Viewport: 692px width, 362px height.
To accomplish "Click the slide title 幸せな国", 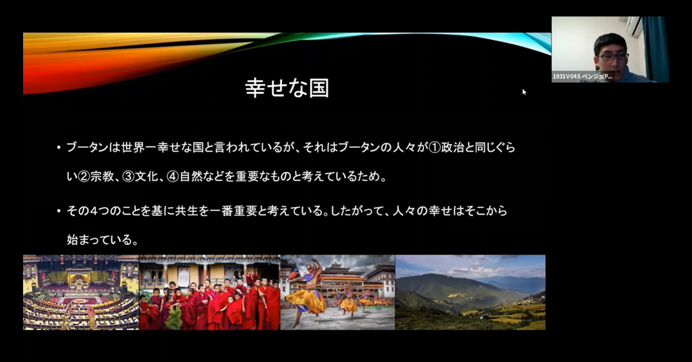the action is coord(287,88).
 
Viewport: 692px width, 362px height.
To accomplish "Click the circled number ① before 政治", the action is coord(434,148).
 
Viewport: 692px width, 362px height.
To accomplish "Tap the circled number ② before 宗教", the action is coord(84,176).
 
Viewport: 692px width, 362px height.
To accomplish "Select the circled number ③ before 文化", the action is coord(128,176).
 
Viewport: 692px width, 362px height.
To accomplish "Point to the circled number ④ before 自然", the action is coord(173,176).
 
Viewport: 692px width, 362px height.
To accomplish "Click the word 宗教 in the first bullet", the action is coord(102,176).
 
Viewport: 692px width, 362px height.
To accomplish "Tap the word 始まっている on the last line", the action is coord(99,240).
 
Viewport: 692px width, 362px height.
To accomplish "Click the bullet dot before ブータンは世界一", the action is coord(59,147).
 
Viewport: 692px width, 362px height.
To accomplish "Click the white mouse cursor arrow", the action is coord(524,92).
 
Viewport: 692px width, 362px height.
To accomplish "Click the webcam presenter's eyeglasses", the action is coord(613,57).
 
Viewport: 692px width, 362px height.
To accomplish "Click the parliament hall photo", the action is coord(81,292).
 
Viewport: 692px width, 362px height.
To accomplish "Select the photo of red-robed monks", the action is coord(209,292).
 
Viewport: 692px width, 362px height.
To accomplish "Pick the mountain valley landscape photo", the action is coord(470,292).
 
